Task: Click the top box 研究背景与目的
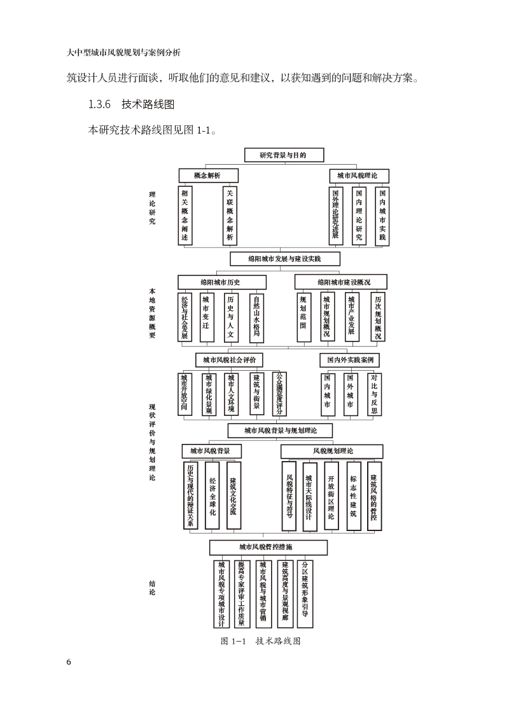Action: point(284,155)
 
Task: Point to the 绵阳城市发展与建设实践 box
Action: point(284,259)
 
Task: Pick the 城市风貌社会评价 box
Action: point(229,360)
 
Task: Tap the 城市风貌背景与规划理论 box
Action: point(280,431)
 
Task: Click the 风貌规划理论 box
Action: point(333,451)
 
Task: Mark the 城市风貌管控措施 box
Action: point(268,547)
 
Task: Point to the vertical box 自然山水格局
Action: point(256,317)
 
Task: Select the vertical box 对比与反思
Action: point(375,394)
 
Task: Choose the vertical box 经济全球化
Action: point(212,495)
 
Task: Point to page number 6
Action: point(69,662)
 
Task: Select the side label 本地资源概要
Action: point(152,314)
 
